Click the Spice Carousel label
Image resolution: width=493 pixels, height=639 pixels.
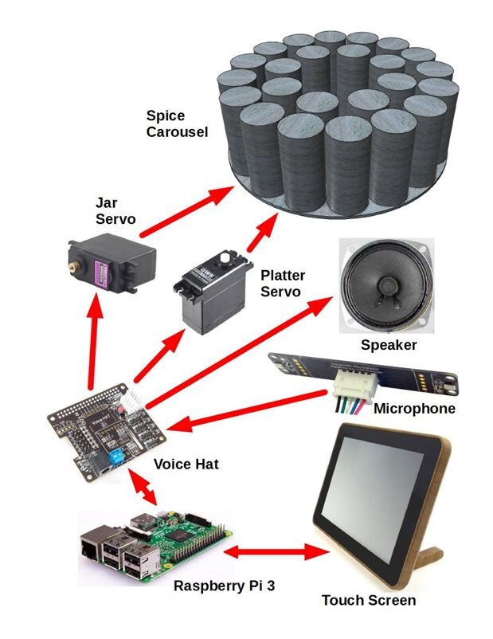tap(177, 123)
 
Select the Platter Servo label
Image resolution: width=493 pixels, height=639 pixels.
tap(283, 284)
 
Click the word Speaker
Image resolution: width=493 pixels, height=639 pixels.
tap(389, 345)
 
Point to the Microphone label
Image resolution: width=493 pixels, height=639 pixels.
tap(414, 409)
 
